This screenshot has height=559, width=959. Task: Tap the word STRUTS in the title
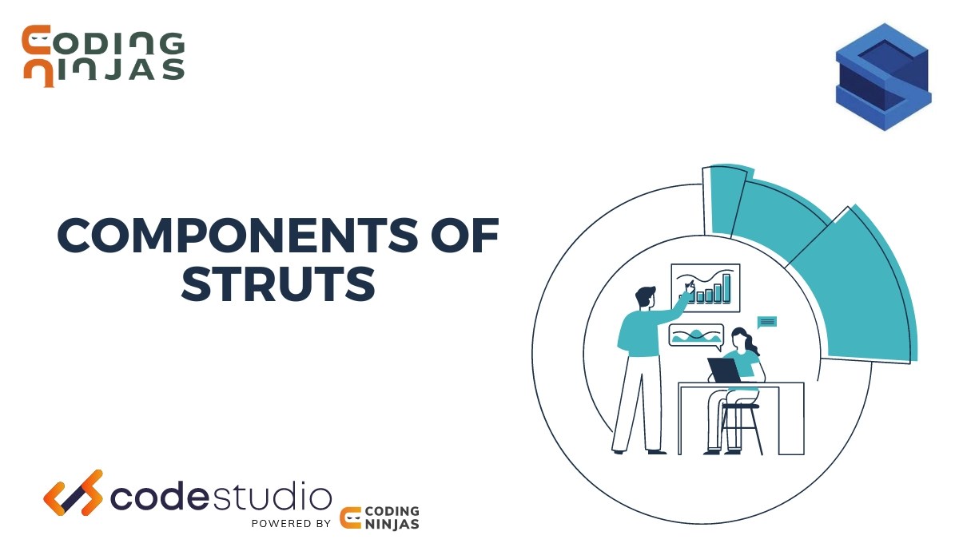click(278, 285)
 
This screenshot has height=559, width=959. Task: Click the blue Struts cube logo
click(883, 77)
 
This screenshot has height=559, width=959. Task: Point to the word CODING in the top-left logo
click(104, 42)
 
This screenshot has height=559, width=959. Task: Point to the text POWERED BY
click(291, 524)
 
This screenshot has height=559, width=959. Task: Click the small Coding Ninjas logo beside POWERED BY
click(380, 517)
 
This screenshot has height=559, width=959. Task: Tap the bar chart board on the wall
click(705, 287)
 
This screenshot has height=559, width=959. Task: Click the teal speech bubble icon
click(766, 322)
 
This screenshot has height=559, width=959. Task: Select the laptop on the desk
click(725, 370)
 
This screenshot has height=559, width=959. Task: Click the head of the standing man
click(647, 298)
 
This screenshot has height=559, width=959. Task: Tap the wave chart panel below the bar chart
click(695, 335)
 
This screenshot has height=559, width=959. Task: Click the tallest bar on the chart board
click(726, 287)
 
